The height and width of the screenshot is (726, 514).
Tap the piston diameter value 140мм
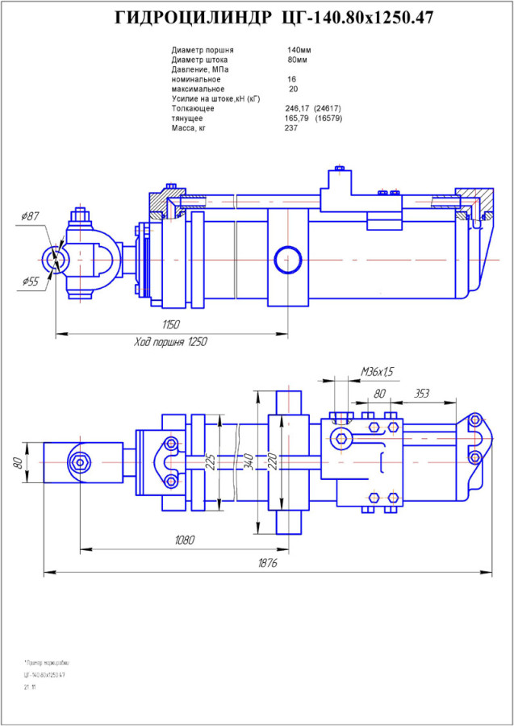click(x=299, y=50)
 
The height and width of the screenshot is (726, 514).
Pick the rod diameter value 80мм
click(x=297, y=60)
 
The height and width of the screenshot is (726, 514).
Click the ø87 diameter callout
click(x=30, y=216)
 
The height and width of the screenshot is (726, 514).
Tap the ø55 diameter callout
click(x=31, y=282)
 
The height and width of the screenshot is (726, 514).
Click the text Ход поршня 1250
click(x=170, y=342)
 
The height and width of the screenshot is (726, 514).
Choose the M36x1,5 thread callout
click(x=377, y=372)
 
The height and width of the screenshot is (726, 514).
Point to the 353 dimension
click(x=420, y=394)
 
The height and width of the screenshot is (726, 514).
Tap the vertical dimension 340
click(x=251, y=461)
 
